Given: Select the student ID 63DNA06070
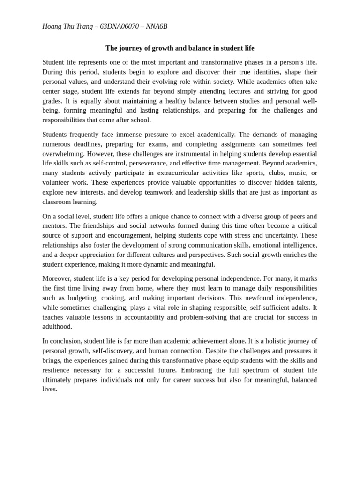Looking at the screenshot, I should click(119, 27).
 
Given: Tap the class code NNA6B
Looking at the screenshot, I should click(157, 27).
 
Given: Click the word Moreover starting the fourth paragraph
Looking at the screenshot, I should click(57, 278).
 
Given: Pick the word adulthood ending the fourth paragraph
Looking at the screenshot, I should click(57, 327).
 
